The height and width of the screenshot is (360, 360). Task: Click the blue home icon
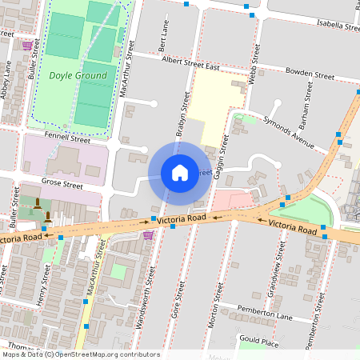[x=180, y=172]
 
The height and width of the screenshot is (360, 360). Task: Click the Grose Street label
[x=62, y=185]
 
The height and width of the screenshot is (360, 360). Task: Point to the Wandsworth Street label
[x=144, y=285]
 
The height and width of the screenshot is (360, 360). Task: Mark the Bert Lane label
[x=165, y=34]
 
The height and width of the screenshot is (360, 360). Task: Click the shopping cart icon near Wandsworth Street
[x=148, y=235]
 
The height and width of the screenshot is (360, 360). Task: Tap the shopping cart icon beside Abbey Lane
[x=27, y=46]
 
